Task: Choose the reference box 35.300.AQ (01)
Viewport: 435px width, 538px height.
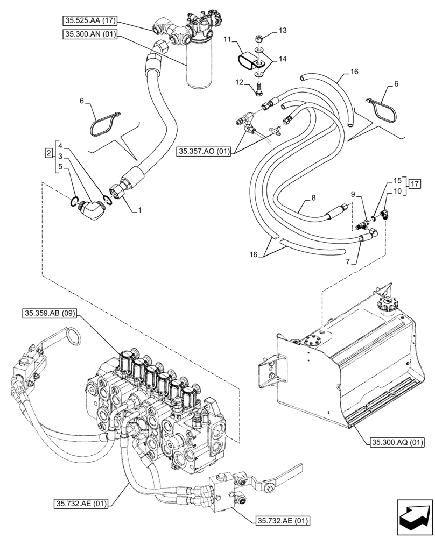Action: click(397, 443)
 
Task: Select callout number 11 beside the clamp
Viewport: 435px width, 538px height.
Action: click(227, 40)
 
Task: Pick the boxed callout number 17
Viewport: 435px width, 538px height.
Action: click(414, 185)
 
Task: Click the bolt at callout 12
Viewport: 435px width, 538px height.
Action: click(259, 88)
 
